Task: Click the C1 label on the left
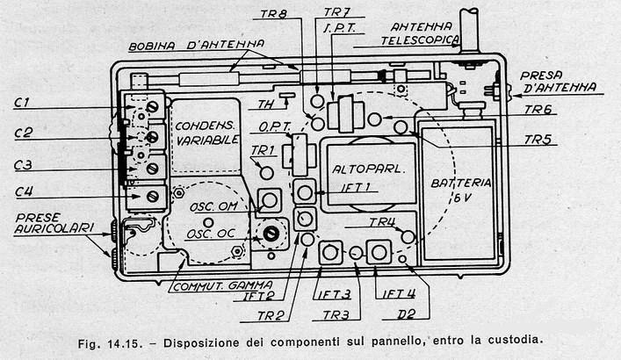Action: click(x=22, y=103)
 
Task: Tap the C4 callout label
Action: click(x=24, y=192)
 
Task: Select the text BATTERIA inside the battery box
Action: click(x=461, y=183)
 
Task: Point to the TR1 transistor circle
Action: click(x=266, y=173)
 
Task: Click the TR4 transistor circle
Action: click(x=408, y=237)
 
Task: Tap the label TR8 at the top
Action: click(x=274, y=14)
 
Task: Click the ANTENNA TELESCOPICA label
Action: click(x=421, y=33)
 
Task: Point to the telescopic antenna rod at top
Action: click(x=469, y=30)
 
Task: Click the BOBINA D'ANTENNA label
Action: click(x=197, y=45)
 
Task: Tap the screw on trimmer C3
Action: click(x=153, y=168)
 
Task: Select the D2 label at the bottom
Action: click(x=406, y=314)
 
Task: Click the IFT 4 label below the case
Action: click(x=399, y=293)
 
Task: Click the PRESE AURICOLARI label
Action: click(x=54, y=223)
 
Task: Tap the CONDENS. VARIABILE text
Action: click(x=207, y=133)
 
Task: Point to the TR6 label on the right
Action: click(x=538, y=109)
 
